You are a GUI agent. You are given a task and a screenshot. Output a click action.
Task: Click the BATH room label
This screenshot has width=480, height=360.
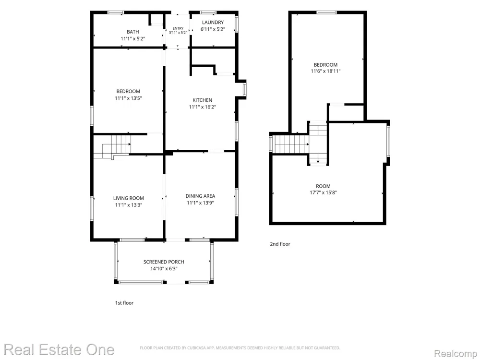133,32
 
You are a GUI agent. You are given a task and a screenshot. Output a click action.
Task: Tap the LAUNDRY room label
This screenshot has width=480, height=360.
213,23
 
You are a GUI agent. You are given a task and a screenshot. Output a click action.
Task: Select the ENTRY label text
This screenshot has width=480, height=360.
178,28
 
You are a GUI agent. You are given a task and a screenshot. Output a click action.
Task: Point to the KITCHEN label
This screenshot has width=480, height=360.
203,100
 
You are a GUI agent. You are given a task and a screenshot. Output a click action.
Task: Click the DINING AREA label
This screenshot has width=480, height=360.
200,196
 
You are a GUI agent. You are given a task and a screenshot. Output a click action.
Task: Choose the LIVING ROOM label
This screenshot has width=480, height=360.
129,198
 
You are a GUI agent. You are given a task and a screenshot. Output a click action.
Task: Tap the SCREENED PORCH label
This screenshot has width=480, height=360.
164,262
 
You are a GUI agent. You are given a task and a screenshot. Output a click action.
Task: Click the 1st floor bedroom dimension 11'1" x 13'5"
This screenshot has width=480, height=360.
128,98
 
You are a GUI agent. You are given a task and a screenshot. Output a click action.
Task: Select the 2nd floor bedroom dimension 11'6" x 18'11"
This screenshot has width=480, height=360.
326,71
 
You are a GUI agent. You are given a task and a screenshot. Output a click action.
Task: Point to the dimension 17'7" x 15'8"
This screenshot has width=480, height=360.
323,192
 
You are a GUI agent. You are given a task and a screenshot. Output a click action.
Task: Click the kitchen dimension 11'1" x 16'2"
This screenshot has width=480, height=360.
203,107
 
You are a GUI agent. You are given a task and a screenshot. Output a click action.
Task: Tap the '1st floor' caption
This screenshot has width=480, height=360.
124,303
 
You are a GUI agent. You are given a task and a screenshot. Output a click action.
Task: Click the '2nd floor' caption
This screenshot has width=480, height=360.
280,244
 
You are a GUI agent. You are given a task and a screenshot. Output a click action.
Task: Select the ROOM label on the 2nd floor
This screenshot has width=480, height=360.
323,186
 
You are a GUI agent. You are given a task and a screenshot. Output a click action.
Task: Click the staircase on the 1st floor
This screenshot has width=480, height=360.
112,147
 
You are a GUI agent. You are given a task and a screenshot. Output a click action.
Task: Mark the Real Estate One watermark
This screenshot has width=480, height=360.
59,349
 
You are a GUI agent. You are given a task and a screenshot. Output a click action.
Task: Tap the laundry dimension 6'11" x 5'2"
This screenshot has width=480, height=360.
213,29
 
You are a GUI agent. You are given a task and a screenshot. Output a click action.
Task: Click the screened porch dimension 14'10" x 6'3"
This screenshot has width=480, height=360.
164,269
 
